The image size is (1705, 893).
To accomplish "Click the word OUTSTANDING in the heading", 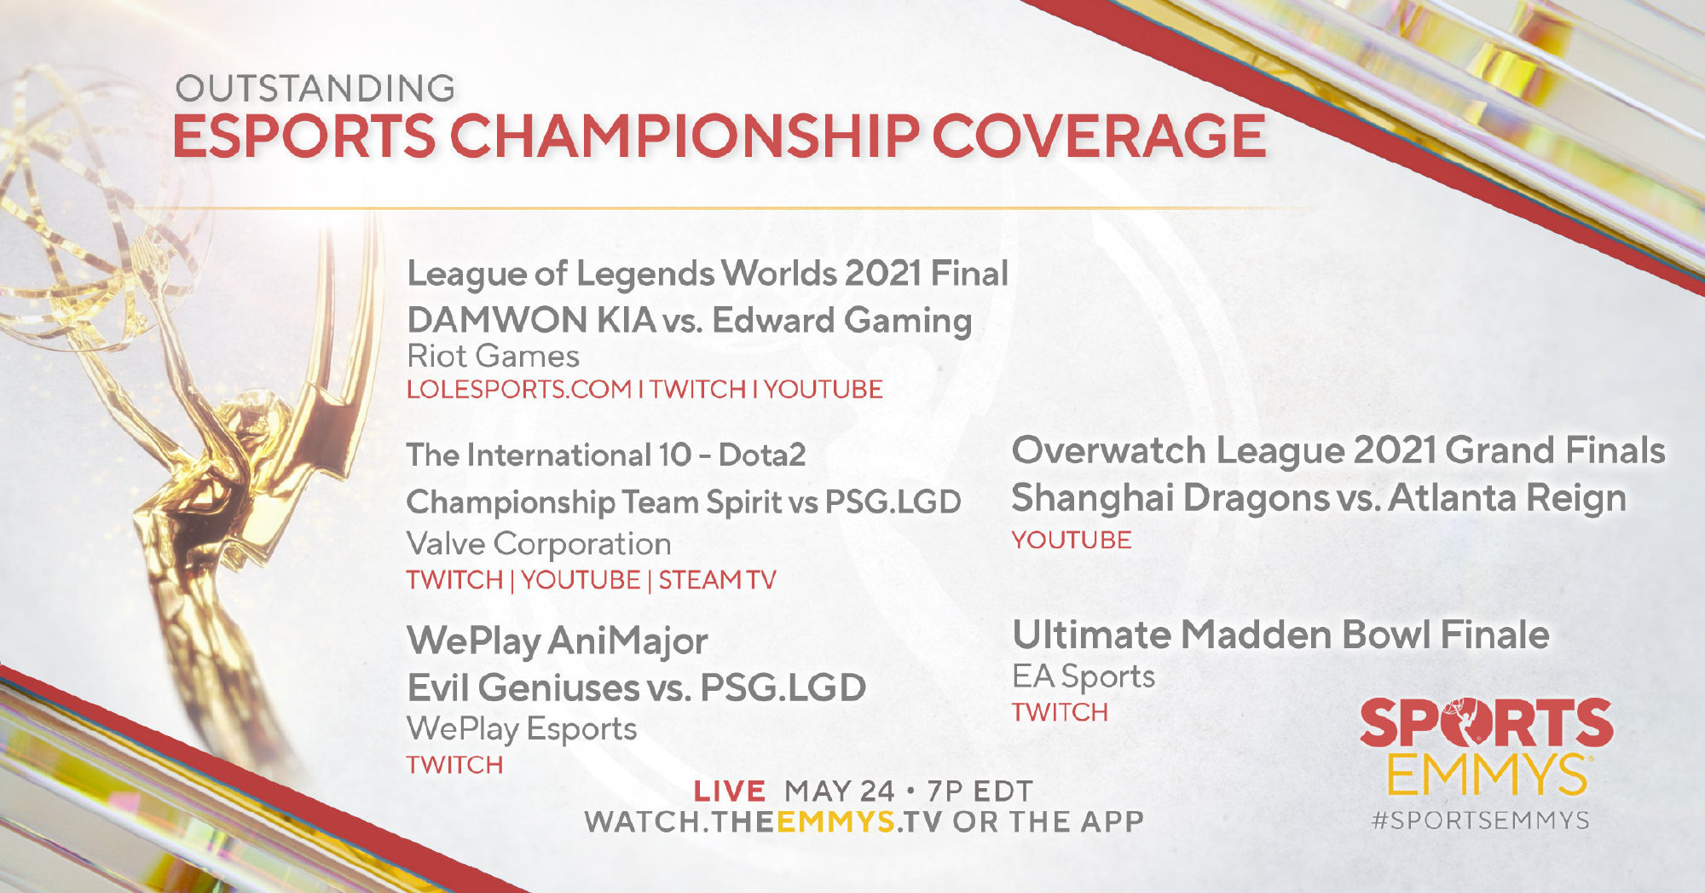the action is [x=315, y=89].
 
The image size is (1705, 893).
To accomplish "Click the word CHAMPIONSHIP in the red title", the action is [x=685, y=136].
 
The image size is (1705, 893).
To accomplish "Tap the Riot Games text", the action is [x=493, y=356].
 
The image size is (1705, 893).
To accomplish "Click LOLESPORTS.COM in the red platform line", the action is [x=519, y=390].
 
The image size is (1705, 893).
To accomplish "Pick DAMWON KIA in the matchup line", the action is [x=531, y=321].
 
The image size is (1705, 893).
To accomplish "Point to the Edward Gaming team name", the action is [x=842, y=322].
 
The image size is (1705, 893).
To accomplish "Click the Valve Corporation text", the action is [x=539, y=543].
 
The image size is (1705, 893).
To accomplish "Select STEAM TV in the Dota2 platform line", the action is [x=717, y=580].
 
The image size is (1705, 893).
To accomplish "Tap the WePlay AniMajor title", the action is [x=558, y=641].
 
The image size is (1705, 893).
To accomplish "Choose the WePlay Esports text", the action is [x=522, y=729].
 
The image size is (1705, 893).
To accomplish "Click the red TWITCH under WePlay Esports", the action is [x=455, y=765].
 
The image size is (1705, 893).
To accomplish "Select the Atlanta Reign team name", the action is [x=1507, y=498].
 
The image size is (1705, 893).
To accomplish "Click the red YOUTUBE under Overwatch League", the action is [x=1072, y=540].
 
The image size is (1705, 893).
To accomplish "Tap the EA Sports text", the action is [x=1084, y=676].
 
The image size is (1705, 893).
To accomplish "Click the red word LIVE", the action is [x=730, y=792].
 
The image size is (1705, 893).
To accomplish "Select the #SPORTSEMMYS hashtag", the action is [x=1481, y=821].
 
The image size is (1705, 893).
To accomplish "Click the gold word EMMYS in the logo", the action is [x=1486, y=774].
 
